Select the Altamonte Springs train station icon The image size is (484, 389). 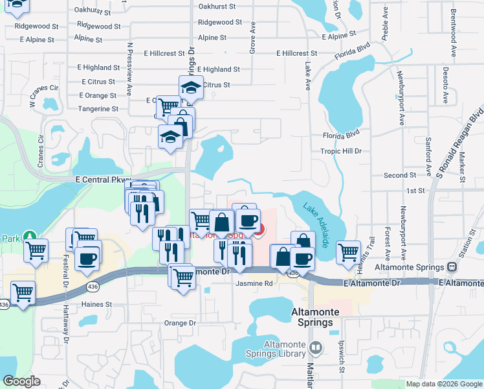pos(452,266)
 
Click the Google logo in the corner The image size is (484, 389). pos(21,381)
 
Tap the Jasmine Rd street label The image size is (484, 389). pos(254,283)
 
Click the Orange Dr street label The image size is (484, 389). pos(179,322)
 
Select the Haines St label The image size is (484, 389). pos(96,303)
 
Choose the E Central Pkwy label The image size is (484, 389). pos(103,179)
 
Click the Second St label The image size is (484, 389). pos(399,175)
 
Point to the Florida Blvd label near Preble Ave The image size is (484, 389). pos(352,51)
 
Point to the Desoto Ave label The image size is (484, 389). pos(446,85)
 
